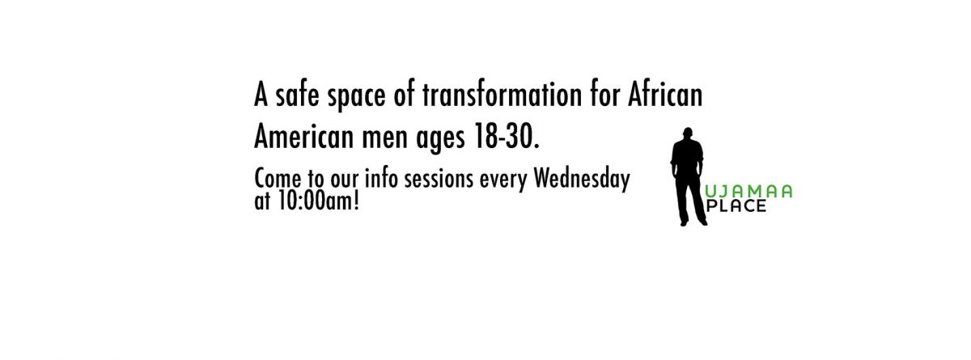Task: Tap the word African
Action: click(665, 95)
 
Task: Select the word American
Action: click(304, 136)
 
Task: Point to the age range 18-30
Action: click(507, 136)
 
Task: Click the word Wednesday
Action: click(582, 179)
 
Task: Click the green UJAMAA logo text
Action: click(749, 192)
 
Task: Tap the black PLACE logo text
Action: click(736, 205)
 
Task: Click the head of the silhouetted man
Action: click(688, 133)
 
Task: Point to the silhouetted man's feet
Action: click(693, 222)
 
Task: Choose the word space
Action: click(356, 97)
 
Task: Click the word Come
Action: click(278, 179)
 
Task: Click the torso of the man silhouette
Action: click(688, 157)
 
